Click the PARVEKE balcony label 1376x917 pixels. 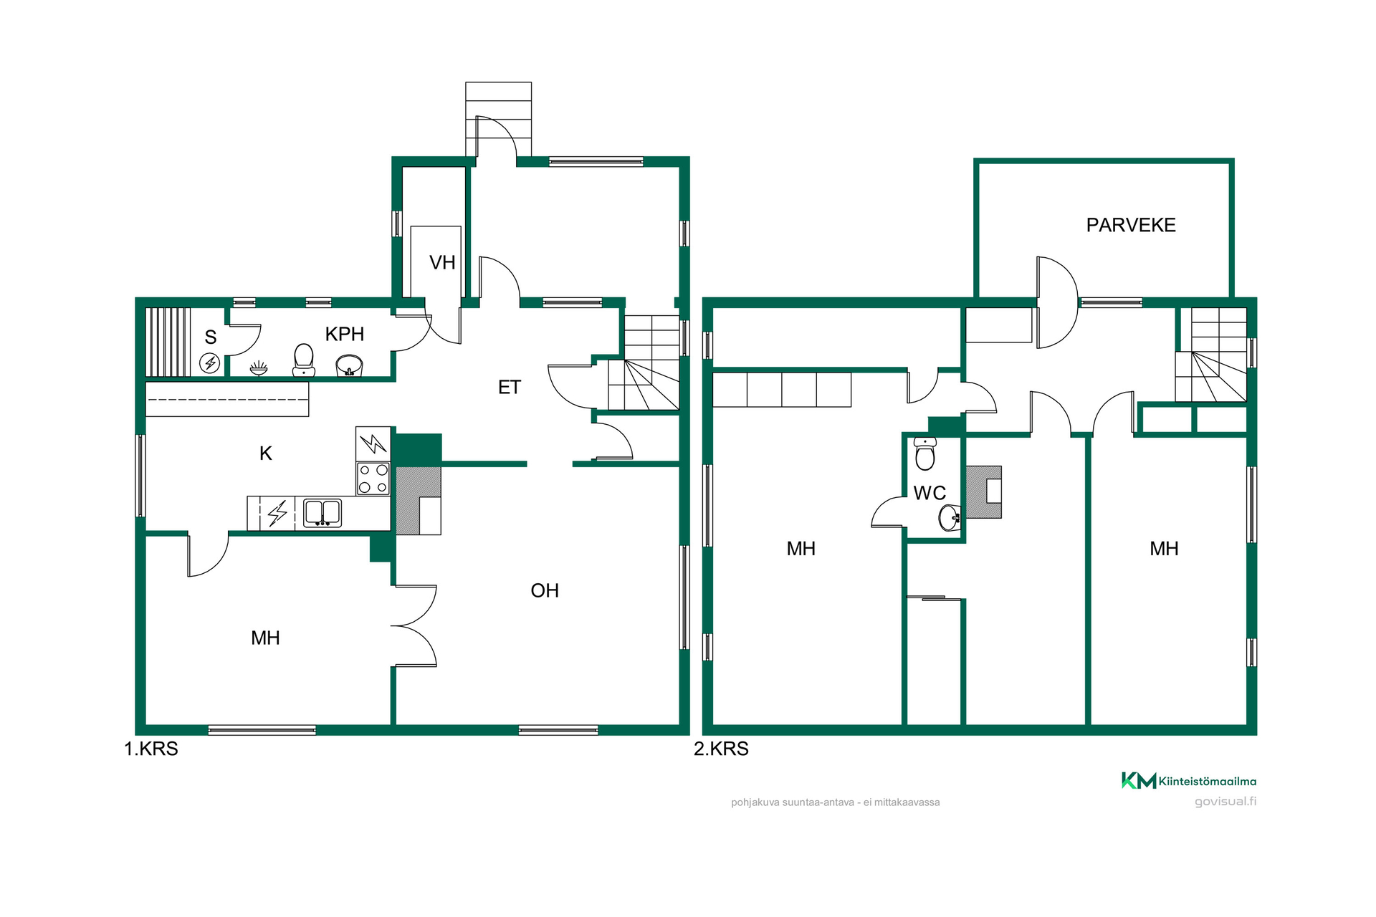click(x=1131, y=225)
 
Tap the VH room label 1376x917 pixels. click(x=442, y=263)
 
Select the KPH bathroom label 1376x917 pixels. click(x=345, y=334)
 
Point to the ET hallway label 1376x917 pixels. click(x=510, y=388)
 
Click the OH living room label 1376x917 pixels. click(x=545, y=590)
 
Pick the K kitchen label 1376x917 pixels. click(x=266, y=453)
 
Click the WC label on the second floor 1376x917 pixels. click(x=930, y=493)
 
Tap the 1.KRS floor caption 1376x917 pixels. click(x=151, y=749)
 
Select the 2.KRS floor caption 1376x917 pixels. click(x=721, y=749)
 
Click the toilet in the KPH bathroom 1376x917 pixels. click(x=304, y=360)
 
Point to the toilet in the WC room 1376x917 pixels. click(x=925, y=453)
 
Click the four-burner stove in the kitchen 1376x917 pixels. click(x=373, y=479)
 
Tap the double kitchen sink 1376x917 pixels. click(x=322, y=513)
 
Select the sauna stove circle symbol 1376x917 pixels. click(x=210, y=363)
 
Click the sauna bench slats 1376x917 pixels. click(x=168, y=342)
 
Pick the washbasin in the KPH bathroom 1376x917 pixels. click(x=349, y=366)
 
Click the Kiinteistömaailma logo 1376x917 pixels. click(x=1189, y=781)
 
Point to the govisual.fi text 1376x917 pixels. click(x=1225, y=801)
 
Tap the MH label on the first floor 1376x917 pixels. click(x=265, y=638)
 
